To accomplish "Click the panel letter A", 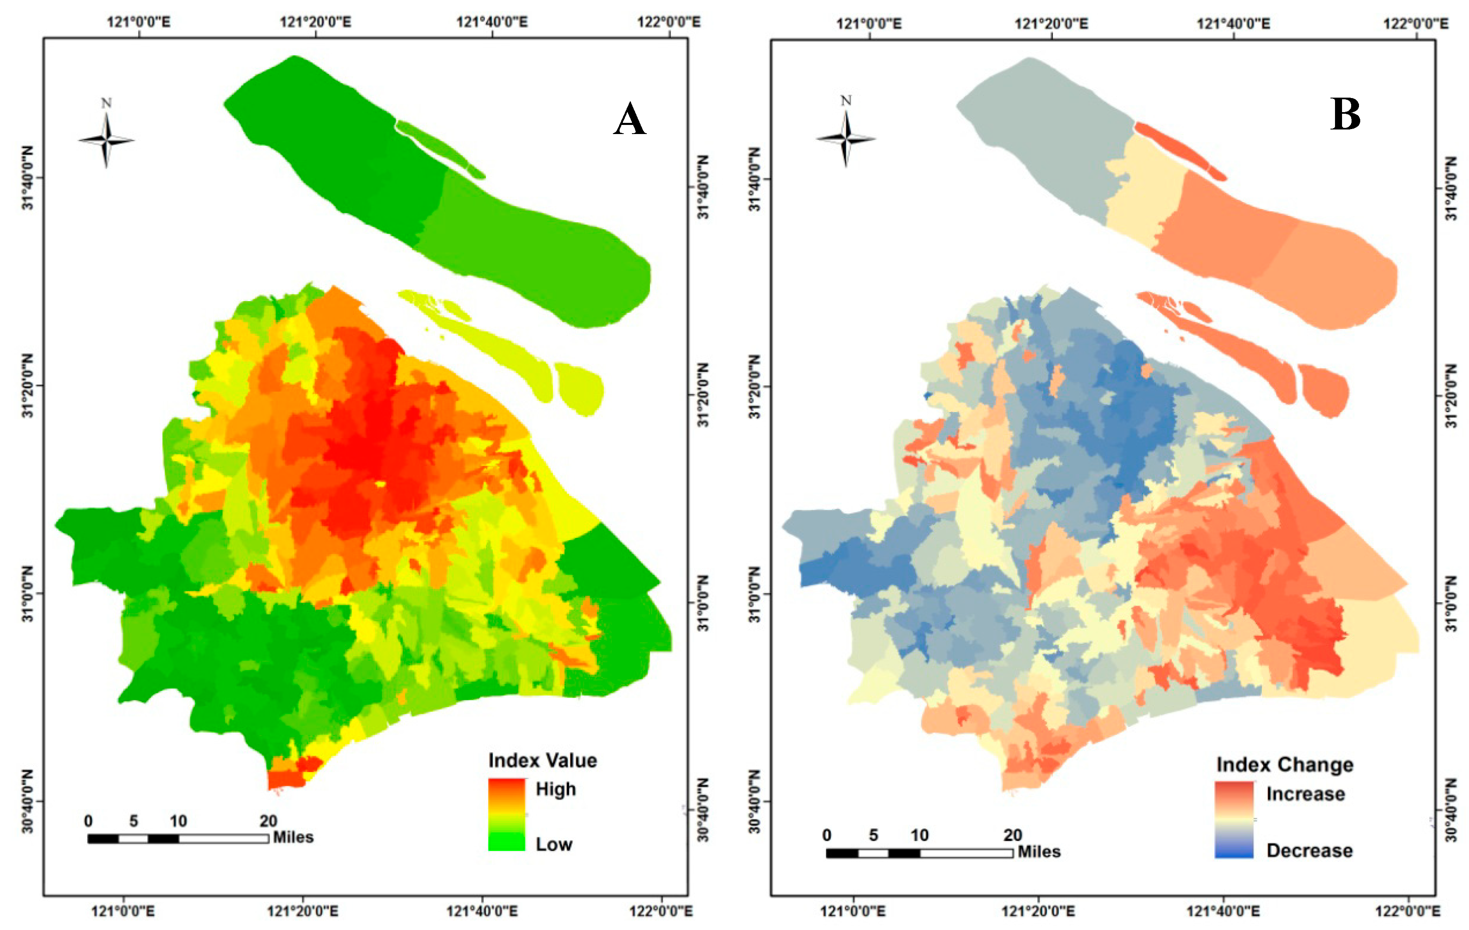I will point(629,120).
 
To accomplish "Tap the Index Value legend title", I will point(542,760).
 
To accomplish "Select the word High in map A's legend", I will point(555,789).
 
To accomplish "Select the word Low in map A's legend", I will point(554,844).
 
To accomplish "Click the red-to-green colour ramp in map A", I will point(506,815).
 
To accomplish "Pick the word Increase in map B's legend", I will point(1306,794).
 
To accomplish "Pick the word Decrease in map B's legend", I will point(1309,851).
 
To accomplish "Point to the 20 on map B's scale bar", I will point(1013,835).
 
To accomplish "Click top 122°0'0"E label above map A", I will point(669,22).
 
